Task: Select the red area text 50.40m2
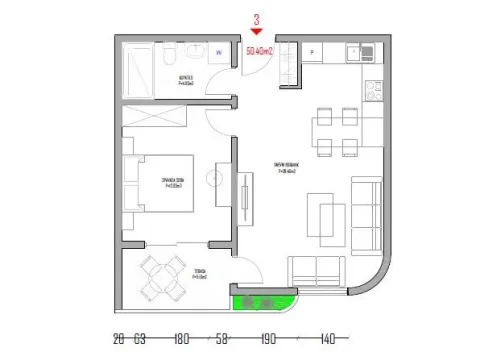pyautogui.click(x=259, y=47)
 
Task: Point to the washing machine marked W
pyautogui.click(x=217, y=53)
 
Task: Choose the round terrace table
pyautogui.click(x=160, y=277)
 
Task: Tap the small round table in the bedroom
pyautogui.click(x=214, y=179)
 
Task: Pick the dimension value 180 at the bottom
pyautogui.click(x=182, y=339)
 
